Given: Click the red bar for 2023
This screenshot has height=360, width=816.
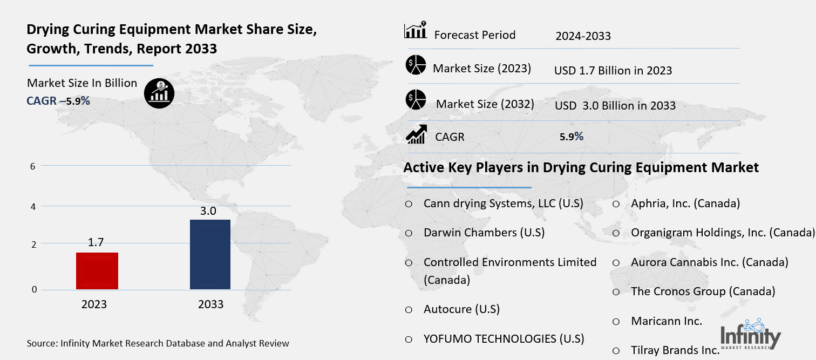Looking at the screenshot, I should [x=97, y=270].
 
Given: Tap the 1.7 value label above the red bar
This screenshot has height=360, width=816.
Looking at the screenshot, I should [x=96, y=242].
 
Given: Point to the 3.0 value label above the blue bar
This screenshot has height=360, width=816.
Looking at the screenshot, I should [x=210, y=210].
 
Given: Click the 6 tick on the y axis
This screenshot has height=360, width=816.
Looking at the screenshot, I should [x=33, y=166].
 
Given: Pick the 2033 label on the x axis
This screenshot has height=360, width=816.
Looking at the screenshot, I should [x=210, y=304].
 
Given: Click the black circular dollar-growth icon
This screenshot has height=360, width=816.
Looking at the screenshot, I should [x=159, y=93].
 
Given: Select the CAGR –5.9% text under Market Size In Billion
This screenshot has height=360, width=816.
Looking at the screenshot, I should [x=58, y=100].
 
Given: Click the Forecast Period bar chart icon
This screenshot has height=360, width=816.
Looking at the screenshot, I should [x=416, y=30].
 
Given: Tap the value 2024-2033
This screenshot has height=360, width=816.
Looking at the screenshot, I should [x=583, y=36].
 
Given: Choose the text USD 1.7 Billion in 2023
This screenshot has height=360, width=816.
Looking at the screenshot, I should [x=613, y=71].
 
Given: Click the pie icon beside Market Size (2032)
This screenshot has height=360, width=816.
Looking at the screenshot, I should [x=416, y=100].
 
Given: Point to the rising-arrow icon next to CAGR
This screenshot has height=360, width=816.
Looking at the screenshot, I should [x=416, y=134].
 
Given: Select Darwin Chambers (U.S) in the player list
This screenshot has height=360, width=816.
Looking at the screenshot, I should [x=484, y=233].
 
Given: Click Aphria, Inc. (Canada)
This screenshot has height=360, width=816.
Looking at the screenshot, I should [x=685, y=203].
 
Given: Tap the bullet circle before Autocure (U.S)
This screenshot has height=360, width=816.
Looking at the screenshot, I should [x=409, y=310].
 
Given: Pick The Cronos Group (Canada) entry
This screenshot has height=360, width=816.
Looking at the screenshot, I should [x=703, y=291].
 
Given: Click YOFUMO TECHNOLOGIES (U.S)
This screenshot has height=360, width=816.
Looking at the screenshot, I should [x=504, y=339].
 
